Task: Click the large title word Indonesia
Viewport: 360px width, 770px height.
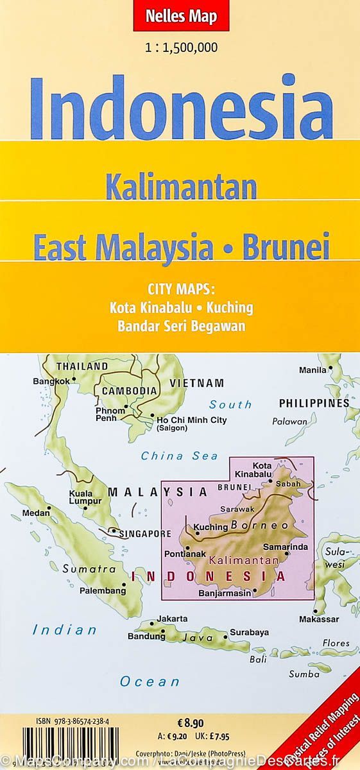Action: [182, 107]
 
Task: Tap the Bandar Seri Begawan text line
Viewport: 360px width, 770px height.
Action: [181, 325]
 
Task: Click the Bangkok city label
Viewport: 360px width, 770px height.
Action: [51, 381]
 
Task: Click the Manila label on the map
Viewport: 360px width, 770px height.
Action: [312, 370]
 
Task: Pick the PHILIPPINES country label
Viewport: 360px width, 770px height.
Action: [314, 403]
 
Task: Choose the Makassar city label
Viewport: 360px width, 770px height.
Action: [318, 619]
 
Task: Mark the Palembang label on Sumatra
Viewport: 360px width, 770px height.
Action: [102, 590]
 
